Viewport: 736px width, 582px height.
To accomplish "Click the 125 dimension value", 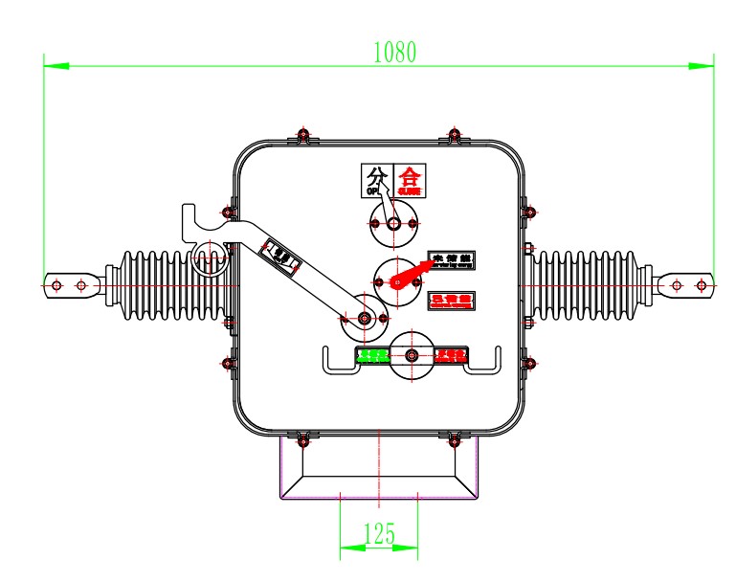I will [x=380, y=533].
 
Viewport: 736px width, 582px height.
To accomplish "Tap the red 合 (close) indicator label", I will [x=410, y=178].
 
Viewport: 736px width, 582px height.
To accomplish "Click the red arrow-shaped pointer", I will [x=410, y=274].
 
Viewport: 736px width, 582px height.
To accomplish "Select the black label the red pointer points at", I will [x=453, y=260].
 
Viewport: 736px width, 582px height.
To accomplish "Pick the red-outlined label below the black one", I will [x=453, y=300].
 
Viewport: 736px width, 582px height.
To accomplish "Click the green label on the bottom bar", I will [x=372, y=356].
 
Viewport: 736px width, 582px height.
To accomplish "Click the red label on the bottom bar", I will [x=451, y=356].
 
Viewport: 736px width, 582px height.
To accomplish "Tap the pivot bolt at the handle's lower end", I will [x=364, y=318].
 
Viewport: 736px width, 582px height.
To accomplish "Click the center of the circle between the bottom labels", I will [x=412, y=356].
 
